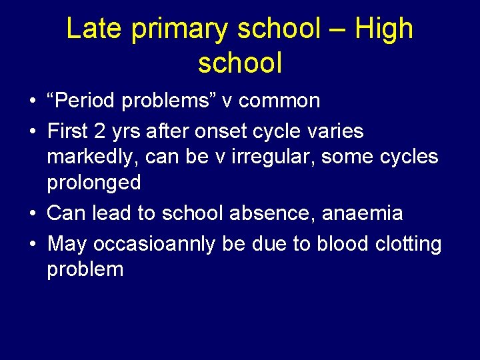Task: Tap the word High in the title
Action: [x=384, y=30]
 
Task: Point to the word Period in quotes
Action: [x=87, y=101]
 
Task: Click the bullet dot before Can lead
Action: [x=33, y=214]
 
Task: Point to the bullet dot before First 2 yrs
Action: [x=33, y=132]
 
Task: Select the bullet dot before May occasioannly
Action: [x=33, y=245]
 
